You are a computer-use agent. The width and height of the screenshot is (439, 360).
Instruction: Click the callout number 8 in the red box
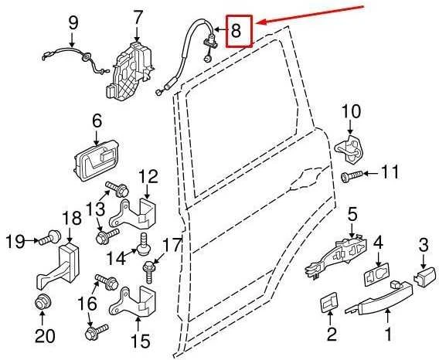pos(236,30)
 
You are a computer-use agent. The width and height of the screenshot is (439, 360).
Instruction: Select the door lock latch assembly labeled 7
pos(130,72)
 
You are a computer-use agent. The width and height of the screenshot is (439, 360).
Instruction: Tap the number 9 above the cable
pos(73,23)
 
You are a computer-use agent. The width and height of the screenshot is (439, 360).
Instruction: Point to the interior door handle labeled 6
pos(97,161)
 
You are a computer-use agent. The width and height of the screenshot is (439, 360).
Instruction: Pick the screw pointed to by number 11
pos(352,176)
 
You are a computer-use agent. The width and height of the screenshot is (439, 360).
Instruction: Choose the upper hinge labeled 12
pos(132,213)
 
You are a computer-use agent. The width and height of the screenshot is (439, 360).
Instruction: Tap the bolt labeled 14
pos(144,243)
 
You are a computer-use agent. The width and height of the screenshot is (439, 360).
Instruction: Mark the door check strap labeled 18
pos(58,266)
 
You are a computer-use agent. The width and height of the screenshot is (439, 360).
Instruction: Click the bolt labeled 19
pos(49,237)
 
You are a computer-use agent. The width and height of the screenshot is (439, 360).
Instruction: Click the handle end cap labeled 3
pos(424,277)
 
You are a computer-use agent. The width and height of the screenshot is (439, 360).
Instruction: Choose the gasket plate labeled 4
pos(376,273)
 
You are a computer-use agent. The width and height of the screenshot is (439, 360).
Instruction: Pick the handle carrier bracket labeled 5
pos(336,256)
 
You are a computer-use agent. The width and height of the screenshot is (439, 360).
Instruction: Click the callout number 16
pos(87,304)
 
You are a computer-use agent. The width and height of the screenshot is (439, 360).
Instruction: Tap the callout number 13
pos(95,209)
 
